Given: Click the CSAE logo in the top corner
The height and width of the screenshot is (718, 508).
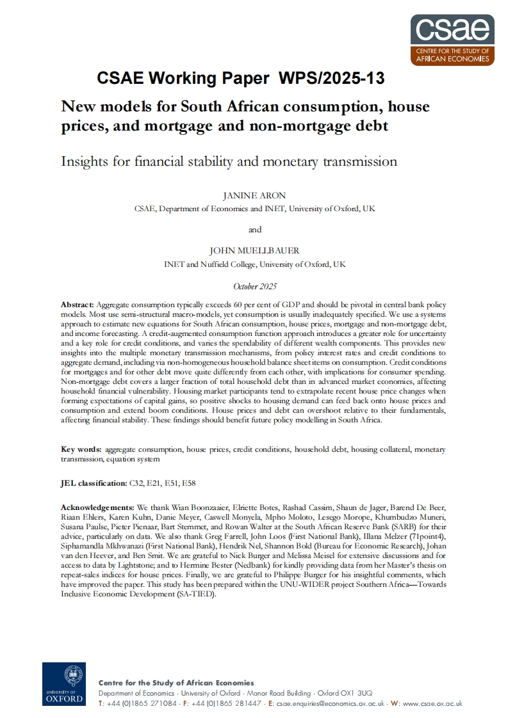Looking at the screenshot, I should coord(453,39).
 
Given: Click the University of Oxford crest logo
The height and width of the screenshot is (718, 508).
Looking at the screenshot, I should coord(64,683).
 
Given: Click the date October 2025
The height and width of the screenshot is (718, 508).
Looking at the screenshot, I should coord(254,286).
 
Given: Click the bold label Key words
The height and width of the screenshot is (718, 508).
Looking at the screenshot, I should coord(81,449).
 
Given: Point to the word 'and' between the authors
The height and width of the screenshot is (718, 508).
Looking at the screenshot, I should coord(254,230).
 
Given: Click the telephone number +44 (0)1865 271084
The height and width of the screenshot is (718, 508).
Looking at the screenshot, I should coord(142,703).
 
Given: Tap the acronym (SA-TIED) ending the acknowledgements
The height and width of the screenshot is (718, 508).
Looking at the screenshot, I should coord(197,593).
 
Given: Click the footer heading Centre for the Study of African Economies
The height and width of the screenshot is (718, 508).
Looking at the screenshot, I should coord(176,683).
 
